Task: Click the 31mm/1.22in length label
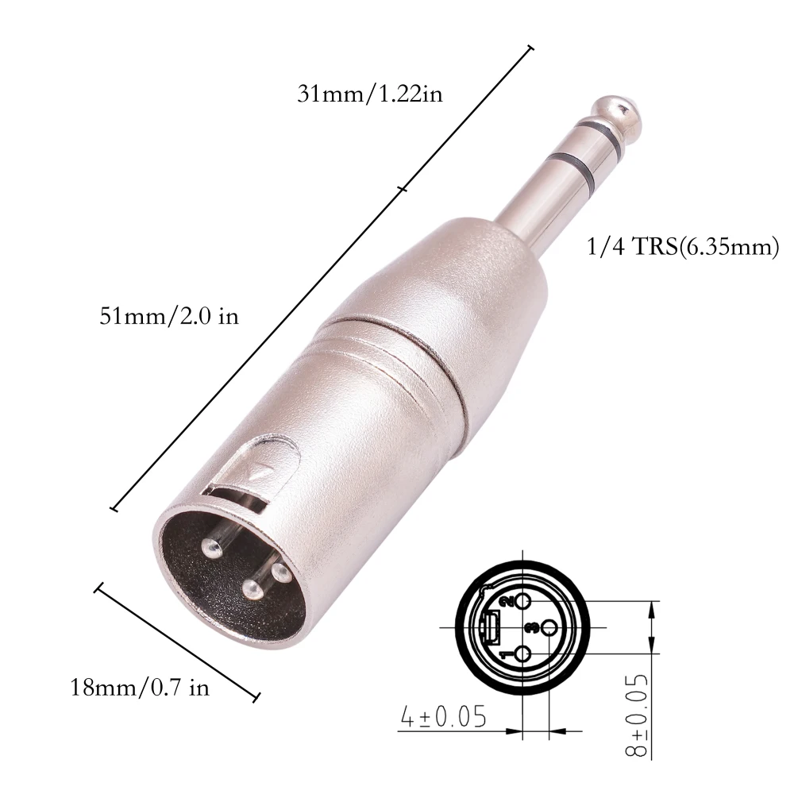tap(369, 94)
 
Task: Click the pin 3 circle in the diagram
tap(549, 627)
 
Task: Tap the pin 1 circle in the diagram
tap(522, 654)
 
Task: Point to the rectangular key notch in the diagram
tap(490, 627)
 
